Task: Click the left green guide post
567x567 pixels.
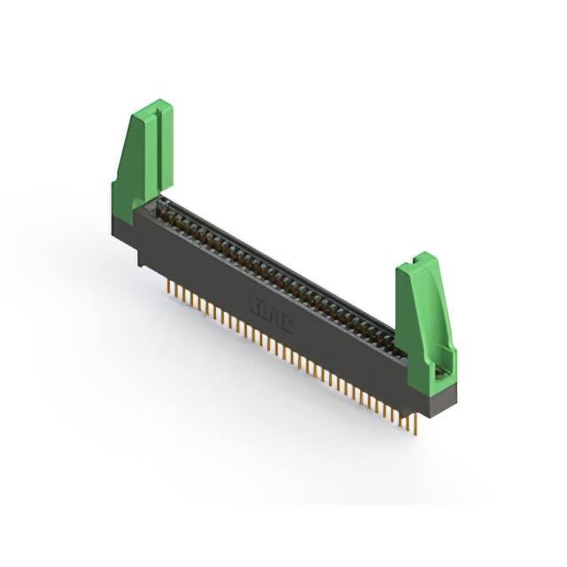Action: click(142, 159)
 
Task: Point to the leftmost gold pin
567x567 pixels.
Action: click(168, 289)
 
